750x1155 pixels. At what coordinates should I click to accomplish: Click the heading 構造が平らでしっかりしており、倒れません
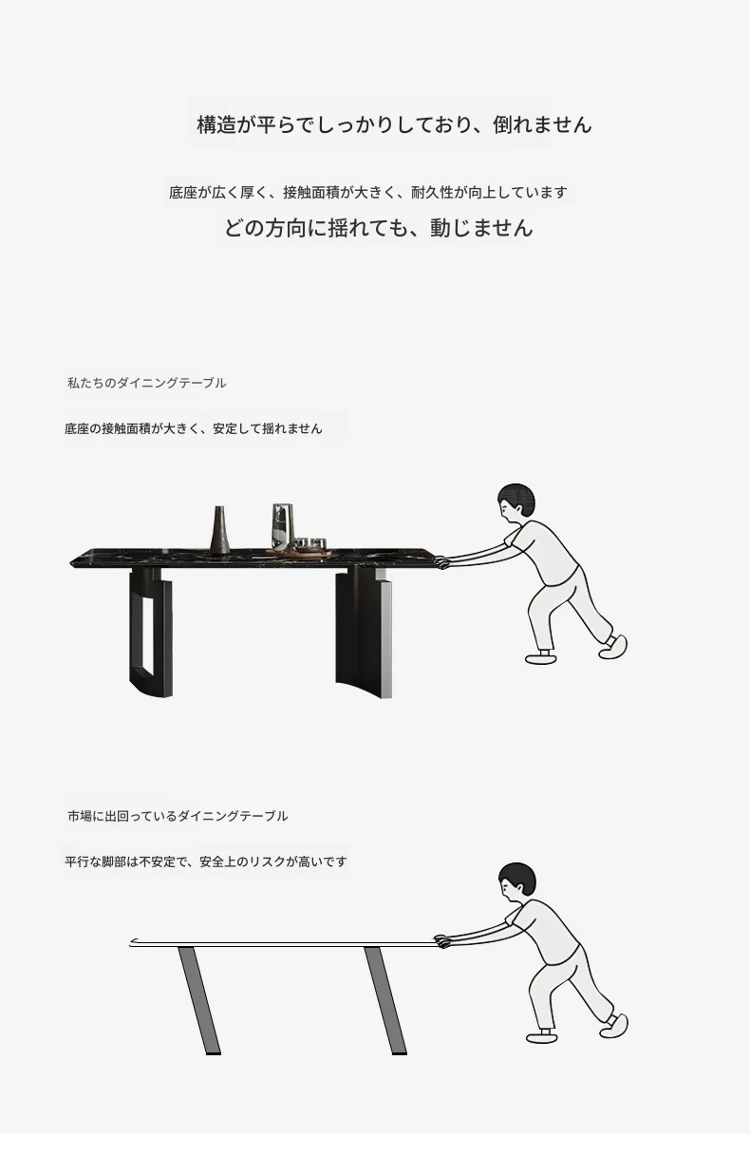click(394, 124)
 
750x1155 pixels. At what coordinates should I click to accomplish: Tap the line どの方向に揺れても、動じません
click(379, 228)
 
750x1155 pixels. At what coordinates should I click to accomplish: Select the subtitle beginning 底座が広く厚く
click(368, 192)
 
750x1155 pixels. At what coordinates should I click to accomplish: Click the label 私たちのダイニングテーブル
click(147, 383)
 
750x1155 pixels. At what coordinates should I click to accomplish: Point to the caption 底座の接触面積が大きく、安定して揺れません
click(194, 428)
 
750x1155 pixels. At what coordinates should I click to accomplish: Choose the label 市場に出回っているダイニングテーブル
click(178, 816)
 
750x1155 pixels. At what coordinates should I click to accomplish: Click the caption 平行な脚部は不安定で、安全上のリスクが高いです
click(206, 862)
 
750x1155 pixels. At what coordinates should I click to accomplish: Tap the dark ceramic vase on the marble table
click(219, 531)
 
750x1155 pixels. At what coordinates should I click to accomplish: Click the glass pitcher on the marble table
click(283, 527)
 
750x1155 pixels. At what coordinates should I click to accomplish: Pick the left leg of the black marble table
click(151, 633)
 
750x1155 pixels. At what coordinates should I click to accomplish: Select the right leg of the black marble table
click(364, 634)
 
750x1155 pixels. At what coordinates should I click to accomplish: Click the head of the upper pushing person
click(516, 502)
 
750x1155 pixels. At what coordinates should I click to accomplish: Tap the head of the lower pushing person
click(517, 881)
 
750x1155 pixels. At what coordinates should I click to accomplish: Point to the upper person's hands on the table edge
click(441, 562)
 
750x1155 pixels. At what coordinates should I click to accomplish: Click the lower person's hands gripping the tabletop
click(442, 941)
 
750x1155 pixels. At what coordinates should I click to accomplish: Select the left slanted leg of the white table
click(199, 1000)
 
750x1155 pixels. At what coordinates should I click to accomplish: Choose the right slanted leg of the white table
click(385, 1000)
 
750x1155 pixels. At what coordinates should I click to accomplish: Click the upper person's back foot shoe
click(613, 647)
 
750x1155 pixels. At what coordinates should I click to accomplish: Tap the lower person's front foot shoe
click(542, 1036)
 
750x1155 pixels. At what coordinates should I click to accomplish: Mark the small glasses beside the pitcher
click(310, 544)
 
